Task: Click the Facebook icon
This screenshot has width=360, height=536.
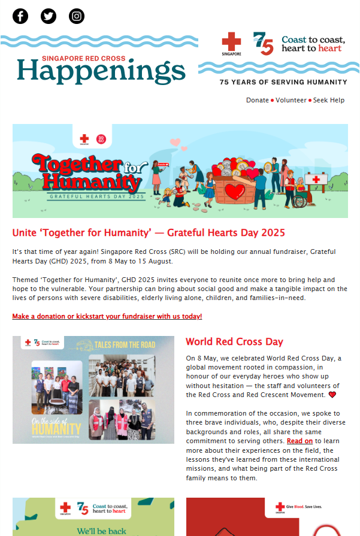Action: tap(20, 16)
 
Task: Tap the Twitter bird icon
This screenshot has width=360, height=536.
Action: tap(49, 16)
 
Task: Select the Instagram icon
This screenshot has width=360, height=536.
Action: tap(77, 16)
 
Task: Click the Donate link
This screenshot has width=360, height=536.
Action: tap(258, 100)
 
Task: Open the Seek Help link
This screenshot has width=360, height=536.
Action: tap(329, 100)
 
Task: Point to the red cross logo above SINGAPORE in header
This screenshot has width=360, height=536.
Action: tap(231, 42)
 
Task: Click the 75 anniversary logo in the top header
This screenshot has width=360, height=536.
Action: tap(263, 44)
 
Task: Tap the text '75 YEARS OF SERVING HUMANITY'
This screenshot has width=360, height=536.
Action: tap(283, 82)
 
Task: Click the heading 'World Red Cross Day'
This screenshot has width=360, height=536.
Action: tap(234, 342)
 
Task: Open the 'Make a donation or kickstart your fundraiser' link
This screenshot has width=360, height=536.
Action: tap(107, 316)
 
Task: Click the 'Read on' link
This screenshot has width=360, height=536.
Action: tap(300, 441)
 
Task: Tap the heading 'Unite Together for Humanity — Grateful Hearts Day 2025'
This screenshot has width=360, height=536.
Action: tap(149, 232)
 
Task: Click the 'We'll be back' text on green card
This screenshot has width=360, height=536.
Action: tap(93, 531)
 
